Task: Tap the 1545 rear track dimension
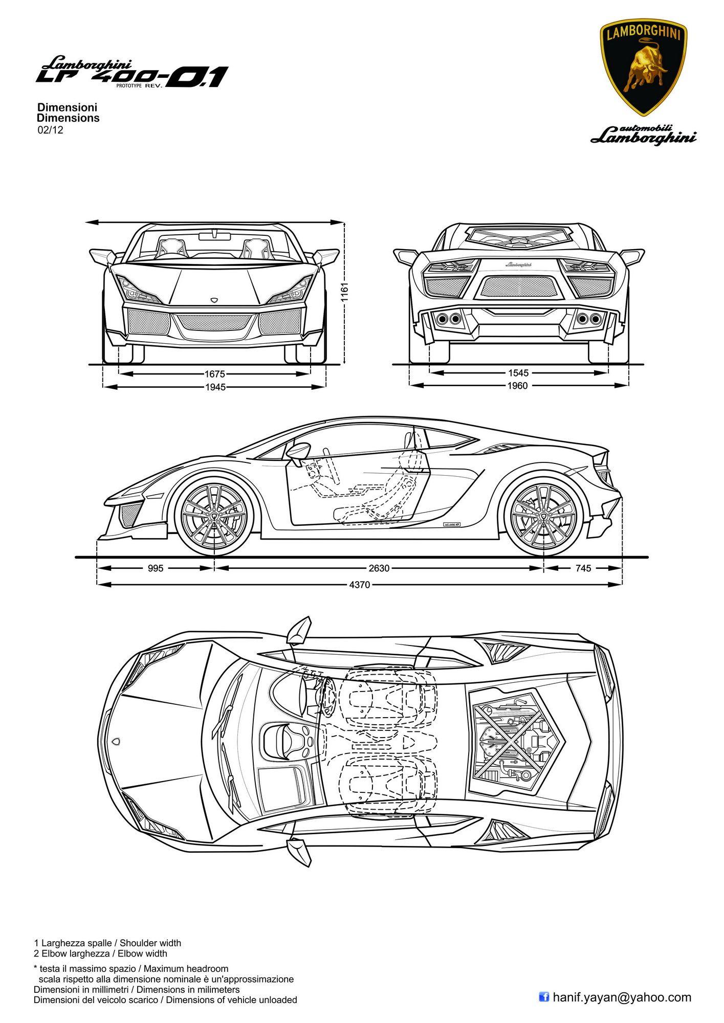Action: (517, 373)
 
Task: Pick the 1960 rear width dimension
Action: (517, 386)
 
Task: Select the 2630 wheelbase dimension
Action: (379, 568)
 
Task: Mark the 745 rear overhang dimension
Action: (583, 568)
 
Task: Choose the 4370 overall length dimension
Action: (359, 585)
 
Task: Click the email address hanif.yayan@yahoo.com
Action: (622, 996)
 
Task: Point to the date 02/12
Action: (50, 130)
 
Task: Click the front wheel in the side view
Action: (214, 518)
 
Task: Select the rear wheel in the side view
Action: (543, 518)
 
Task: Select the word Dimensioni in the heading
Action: (68, 108)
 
